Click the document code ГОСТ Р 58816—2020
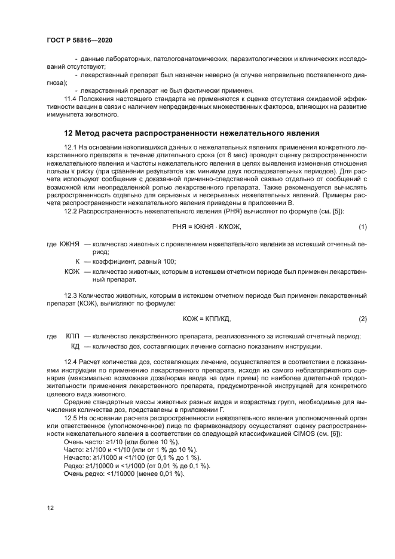tap(79, 39)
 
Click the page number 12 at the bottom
tap(51, 508)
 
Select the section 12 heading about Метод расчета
tap(191, 133)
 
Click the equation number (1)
tap(362, 227)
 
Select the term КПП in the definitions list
tap(72, 337)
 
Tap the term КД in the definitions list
tap(75, 346)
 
